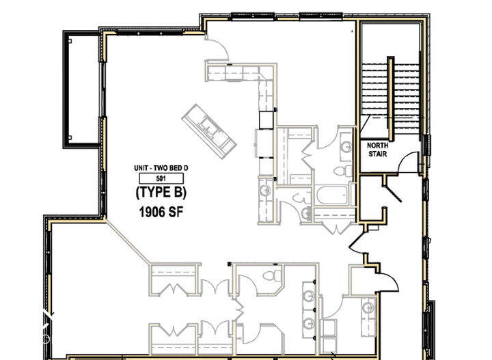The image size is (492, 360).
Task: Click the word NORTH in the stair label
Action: [x=378, y=146]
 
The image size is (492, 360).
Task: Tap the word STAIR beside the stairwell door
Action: [x=378, y=154]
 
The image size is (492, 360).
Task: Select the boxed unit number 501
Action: [x=161, y=179]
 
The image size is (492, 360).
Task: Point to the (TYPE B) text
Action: [x=161, y=192]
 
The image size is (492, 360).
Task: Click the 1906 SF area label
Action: [x=161, y=211]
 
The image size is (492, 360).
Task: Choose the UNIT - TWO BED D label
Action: [x=161, y=168]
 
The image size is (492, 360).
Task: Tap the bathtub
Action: [x=333, y=197]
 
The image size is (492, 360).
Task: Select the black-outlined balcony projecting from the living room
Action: [x=82, y=89]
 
